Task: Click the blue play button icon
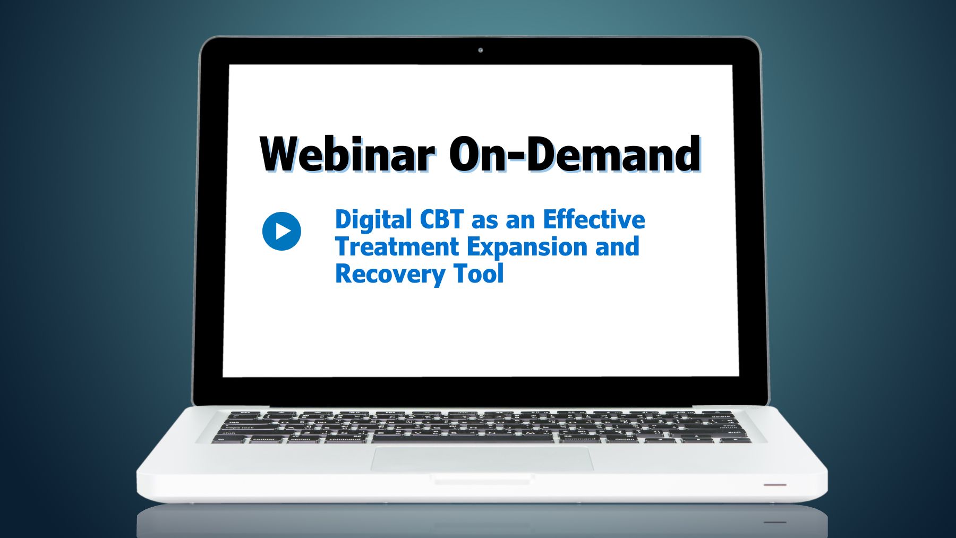[x=281, y=231]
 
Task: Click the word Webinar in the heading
[x=347, y=154]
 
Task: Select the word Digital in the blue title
[x=373, y=220]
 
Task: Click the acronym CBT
[x=442, y=220]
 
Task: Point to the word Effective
[x=594, y=220]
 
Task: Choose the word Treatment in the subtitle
[x=397, y=247]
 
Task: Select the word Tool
[x=479, y=274]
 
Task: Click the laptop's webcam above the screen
[x=481, y=50]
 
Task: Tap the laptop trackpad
[x=482, y=458]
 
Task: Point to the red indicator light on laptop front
[x=775, y=485]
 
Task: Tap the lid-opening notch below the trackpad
[x=482, y=480]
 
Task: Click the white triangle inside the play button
[x=283, y=231]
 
